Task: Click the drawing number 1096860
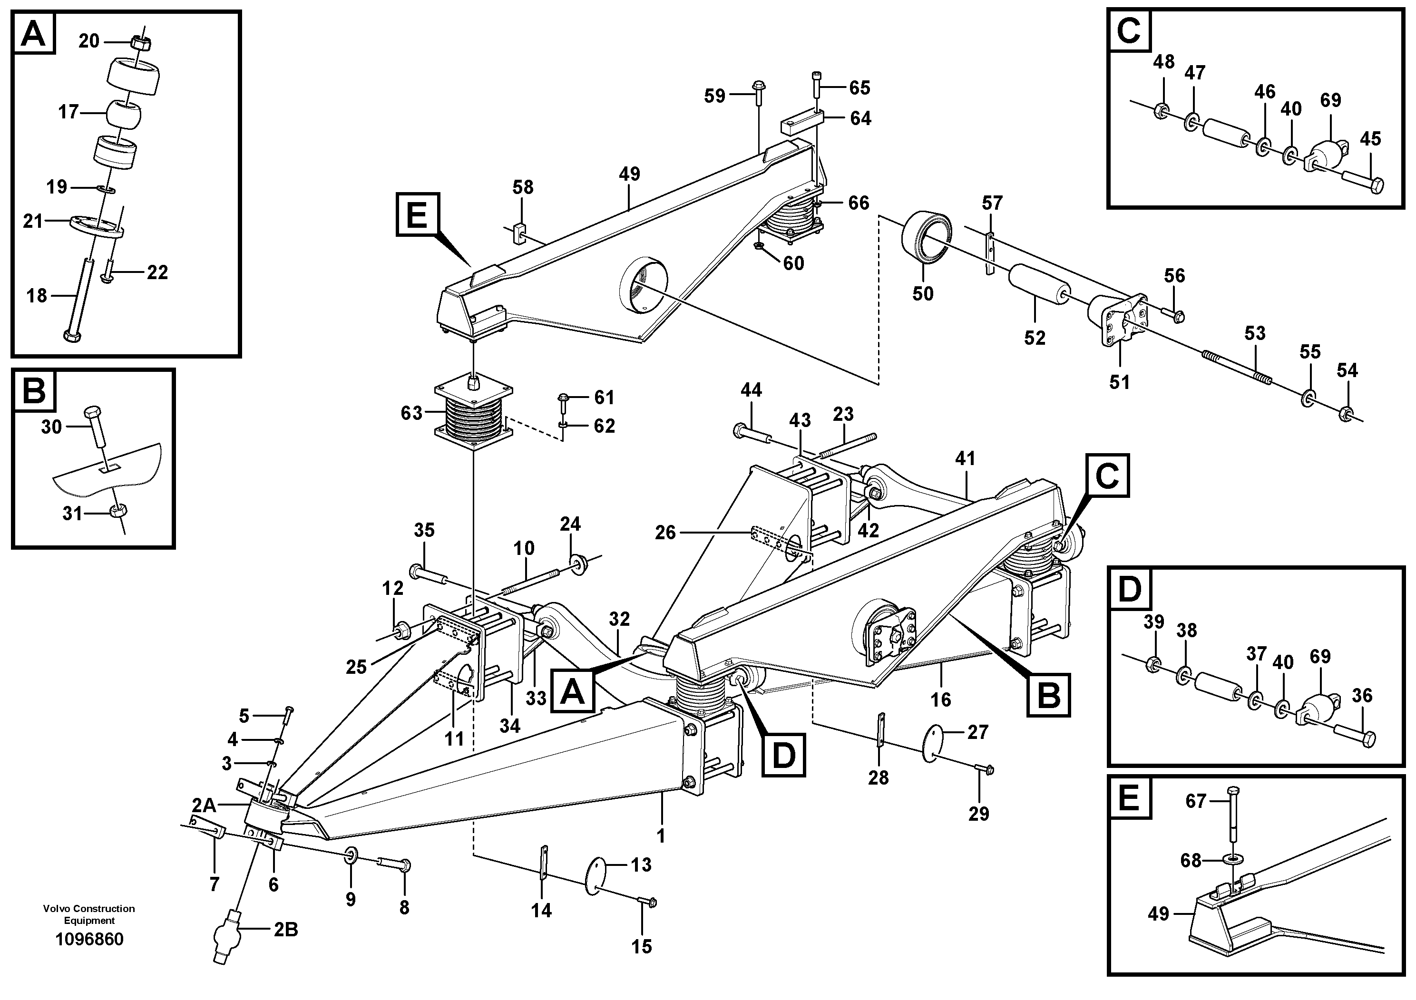(x=89, y=940)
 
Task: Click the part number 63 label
(x=411, y=413)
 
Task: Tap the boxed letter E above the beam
(x=418, y=214)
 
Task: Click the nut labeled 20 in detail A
(x=141, y=42)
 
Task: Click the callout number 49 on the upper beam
(x=630, y=174)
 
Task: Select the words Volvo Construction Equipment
(x=89, y=914)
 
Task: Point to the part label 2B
(x=285, y=930)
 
